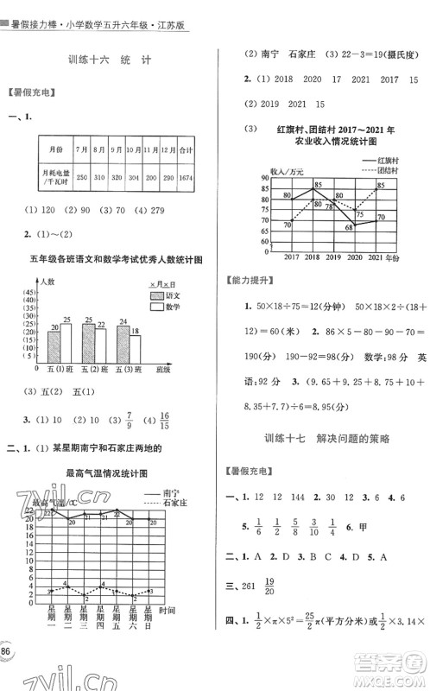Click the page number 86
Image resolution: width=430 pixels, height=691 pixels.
pyautogui.click(x=8, y=648)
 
